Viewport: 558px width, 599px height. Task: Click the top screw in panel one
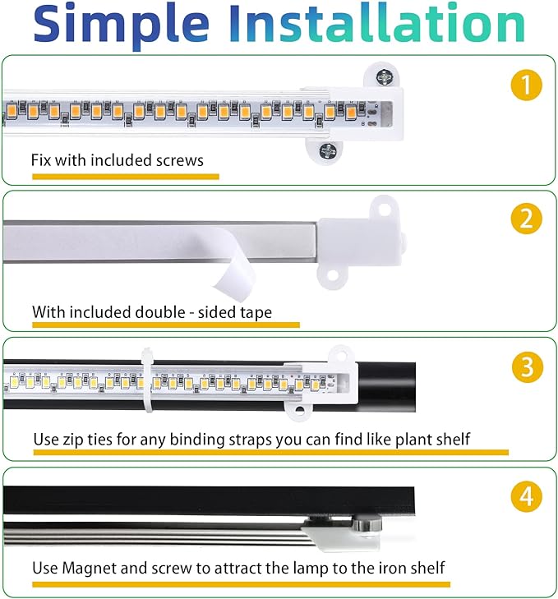coord(385,76)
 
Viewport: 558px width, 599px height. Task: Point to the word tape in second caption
coord(254,312)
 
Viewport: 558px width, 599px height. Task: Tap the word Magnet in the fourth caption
coord(90,568)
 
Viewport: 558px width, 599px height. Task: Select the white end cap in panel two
coord(362,238)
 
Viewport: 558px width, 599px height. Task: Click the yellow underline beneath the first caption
coord(125,176)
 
